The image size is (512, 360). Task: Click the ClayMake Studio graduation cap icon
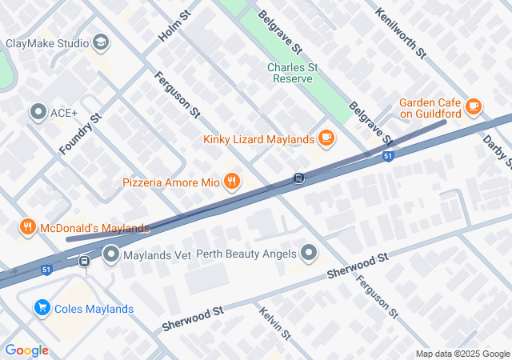[x=101, y=42]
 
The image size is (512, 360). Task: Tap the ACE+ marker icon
[x=38, y=113]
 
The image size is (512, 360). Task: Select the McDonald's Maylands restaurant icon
[x=28, y=228]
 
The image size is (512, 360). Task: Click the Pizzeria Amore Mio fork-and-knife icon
[x=232, y=182]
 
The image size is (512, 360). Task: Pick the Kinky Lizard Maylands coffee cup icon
[x=325, y=138]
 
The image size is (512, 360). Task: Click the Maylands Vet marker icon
[x=111, y=255]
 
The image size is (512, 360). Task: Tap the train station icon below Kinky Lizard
[x=298, y=178]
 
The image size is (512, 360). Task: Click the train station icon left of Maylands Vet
[x=84, y=260]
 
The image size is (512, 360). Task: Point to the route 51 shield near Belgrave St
[x=387, y=157]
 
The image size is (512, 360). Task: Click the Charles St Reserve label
[x=293, y=73]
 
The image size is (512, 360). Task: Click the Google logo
[x=26, y=350]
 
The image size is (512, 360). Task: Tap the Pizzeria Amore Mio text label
[x=170, y=182]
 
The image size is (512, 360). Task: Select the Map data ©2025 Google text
[x=462, y=354]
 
